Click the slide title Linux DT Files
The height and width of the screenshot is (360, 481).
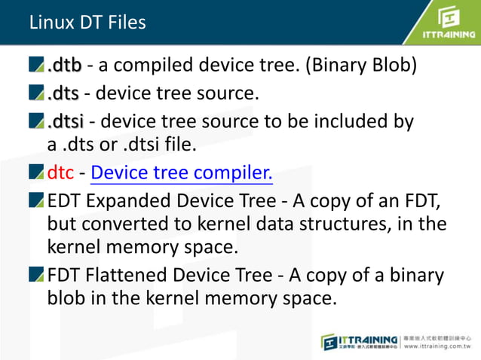click(87, 23)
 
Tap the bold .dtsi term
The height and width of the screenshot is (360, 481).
click(66, 121)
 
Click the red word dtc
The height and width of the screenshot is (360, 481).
click(60, 174)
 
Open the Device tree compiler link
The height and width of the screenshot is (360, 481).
click(181, 174)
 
